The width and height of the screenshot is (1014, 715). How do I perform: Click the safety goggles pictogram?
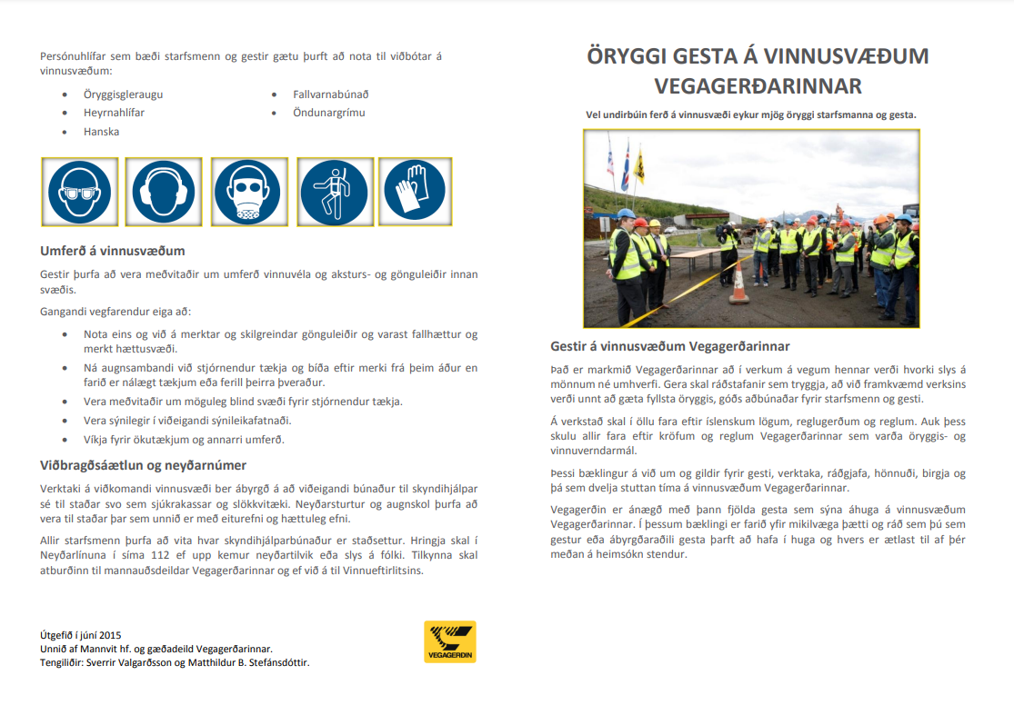click(x=79, y=192)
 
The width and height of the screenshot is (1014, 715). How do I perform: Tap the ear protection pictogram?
click(x=164, y=192)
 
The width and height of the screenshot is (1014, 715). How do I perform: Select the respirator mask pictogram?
click(x=248, y=192)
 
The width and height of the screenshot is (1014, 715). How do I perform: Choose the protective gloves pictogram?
click(x=414, y=192)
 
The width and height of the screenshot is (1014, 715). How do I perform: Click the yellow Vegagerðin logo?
click(x=449, y=641)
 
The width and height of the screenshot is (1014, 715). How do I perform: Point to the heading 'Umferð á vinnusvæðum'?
click(x=113, y=251)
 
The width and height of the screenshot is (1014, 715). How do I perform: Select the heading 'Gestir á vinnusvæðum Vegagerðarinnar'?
click(x=669, y=346)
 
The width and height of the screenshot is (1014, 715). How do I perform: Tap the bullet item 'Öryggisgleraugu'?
click(x=123, y=94)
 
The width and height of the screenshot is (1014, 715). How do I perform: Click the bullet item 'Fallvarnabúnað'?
click(x=330, y=94)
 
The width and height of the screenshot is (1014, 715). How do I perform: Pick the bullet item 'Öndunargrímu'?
click(x=328, y=113)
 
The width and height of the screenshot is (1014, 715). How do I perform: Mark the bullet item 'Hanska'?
click(x=101, y=132)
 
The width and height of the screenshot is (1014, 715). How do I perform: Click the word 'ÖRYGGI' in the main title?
click(x=631, y=56)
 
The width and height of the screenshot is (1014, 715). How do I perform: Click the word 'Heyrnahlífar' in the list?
click(x=114, y=113)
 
